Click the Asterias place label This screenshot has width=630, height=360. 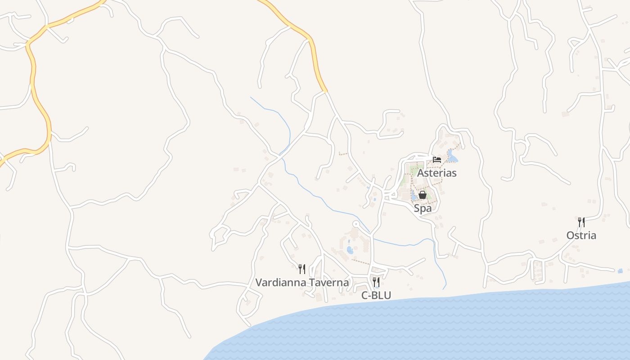tap(436, 173)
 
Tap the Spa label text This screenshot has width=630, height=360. tap(423, 208)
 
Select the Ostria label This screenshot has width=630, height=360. tap(581, 235)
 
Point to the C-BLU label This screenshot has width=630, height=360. tap(376, 295)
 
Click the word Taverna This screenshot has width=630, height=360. tap(328, 283)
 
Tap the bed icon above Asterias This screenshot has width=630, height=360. tap(437, 159)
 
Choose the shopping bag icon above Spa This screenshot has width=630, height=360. tap(422, 195)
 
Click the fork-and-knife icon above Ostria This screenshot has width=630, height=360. tap(581, 222)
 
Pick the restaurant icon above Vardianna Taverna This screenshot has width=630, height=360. tap(302, 269)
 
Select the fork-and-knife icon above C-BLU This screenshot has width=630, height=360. tap(376, 282)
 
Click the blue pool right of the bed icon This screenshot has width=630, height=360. tap(451, 157)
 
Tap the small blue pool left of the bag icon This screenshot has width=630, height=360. tap(413, 196)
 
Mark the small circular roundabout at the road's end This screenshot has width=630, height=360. tap(356, 224)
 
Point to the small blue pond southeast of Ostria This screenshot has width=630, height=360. tap(620, 271)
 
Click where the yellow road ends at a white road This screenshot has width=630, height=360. tap(324, 91)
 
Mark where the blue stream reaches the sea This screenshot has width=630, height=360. tap(444, 288)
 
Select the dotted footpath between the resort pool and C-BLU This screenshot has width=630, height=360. tap(360, 261)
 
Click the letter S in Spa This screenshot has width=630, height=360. tap(417, 208)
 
